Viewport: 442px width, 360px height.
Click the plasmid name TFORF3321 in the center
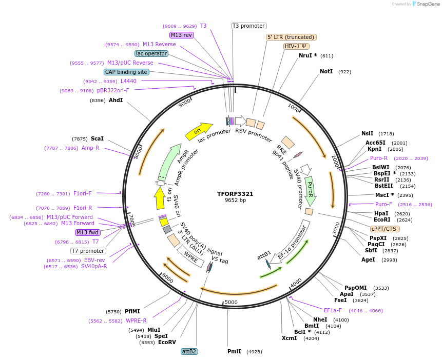pos(235,194)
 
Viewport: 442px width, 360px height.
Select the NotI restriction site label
pos(326,71)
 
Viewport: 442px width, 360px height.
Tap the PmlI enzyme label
pos(234,351)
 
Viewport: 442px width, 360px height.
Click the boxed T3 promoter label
pos(248,26)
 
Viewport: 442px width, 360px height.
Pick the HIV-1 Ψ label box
pos(296,46)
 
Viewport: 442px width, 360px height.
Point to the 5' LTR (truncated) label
pos(291,37)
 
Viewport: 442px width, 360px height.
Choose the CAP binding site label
pos(126,72)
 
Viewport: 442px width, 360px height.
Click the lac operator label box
pos(151,53)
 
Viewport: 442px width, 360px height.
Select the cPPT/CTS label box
pos(385,229)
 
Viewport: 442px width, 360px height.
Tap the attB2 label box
pos(189,351)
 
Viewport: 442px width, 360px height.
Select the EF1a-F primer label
pos(333,310)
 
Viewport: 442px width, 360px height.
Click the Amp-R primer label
pos(90,148)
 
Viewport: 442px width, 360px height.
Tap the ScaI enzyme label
pos(97,138)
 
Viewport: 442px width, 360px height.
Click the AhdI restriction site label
pos(116,100)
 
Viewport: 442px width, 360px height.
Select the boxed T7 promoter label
pos(88,251)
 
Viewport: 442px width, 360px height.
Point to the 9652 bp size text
pos(235,201)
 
